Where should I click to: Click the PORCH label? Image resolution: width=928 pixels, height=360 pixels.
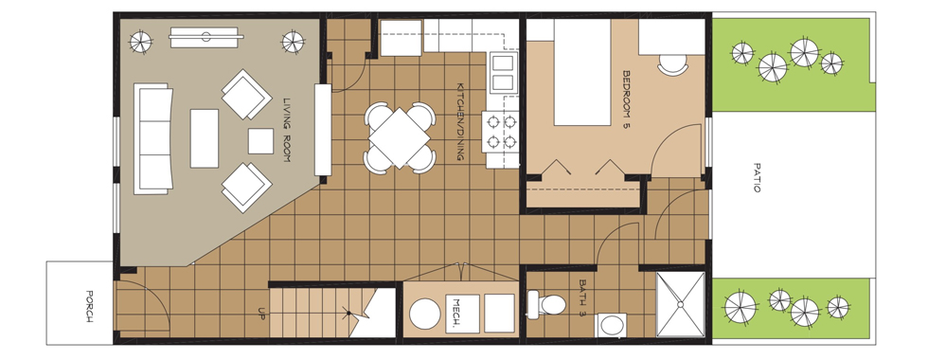[89, 306]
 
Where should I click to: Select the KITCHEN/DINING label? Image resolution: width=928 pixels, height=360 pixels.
[460, 121]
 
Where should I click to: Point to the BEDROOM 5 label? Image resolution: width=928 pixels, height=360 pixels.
[627, 100]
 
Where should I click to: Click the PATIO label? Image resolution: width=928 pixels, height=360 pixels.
[757, 177]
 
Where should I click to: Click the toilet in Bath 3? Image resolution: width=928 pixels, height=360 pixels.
[546, 304]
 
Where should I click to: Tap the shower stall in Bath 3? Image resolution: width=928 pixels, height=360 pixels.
[681, 304]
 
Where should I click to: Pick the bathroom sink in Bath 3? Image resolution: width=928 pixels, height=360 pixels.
[612, 325]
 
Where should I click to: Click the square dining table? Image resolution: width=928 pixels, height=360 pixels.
[400, 138]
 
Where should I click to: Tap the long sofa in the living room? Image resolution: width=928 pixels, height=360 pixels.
[152, 138]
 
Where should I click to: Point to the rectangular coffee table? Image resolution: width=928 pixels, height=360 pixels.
[205, 138]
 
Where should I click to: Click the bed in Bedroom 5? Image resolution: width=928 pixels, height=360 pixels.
[581, 72]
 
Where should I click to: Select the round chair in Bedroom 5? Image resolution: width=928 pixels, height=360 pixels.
[673, 64]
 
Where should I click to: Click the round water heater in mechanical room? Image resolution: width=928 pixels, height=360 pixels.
[425, 314]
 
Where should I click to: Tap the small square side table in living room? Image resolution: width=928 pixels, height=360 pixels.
[260, 141]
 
